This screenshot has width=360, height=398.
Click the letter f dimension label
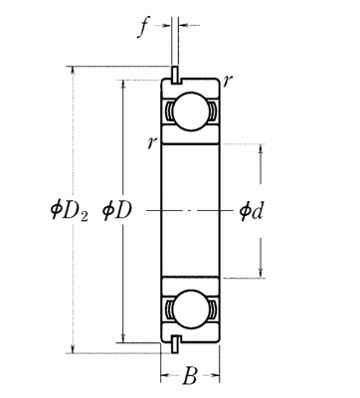tap(142, 29)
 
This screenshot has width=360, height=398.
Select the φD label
tap(117, 211)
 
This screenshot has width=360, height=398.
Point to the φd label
tap(251, 211)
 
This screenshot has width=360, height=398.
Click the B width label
tap(190, 376)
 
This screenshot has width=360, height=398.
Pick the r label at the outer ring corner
tap(228, 80)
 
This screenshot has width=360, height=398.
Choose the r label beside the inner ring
tap(152, 143)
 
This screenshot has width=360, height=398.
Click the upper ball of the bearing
tap(190, 111)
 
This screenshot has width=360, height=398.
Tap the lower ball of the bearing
tap(190, 308)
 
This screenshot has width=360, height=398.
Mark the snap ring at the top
tap(175, 74)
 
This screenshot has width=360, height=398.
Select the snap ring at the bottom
tap(175, 344)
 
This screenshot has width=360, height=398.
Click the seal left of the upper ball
tap(169, 110)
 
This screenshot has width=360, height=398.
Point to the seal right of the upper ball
tap(212, 110)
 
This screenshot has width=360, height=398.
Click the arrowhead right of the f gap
tap(183, 25)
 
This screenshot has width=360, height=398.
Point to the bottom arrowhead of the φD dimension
tap(123, 337)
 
